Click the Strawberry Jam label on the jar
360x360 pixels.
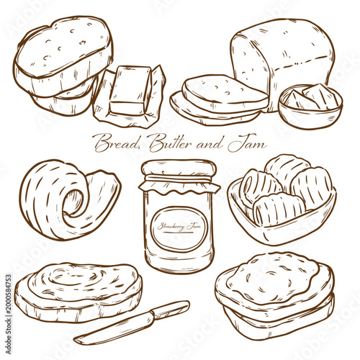pyautogui.click(x=179, y=225)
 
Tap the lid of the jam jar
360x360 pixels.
pyautogui.click(x=179, y=168)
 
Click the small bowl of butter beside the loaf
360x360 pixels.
pyautogui.click(x=310, y=104)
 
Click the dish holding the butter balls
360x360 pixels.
pyautogui.click(x=281, y=223)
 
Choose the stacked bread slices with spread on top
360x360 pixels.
pyautogui.click(x=274, y=288)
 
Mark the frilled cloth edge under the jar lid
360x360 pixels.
pyautogui.click(x=179, y=186)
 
